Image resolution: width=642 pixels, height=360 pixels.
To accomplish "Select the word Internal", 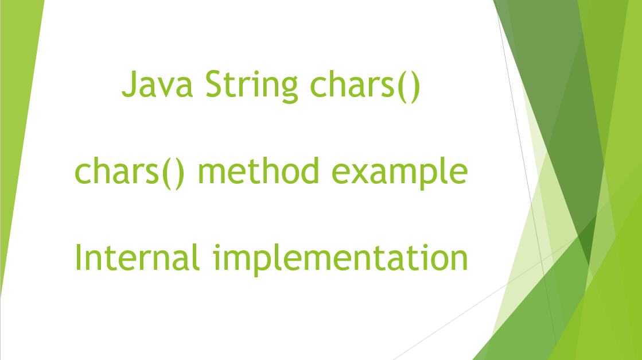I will (x=138, y=258).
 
